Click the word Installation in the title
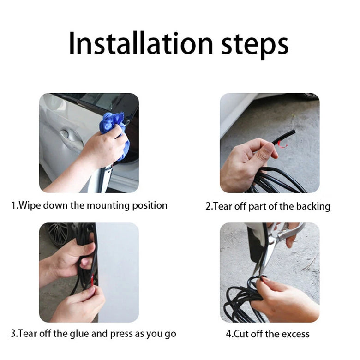[x=141, y=44]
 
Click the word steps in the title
[x=255, y=46]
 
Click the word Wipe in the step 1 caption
[x=30, y=205]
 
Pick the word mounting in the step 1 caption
[x=108, y=206]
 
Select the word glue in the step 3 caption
[x=79, y=334]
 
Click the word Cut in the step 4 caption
[x=241, y=334]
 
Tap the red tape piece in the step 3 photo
[x=92, y=280]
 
